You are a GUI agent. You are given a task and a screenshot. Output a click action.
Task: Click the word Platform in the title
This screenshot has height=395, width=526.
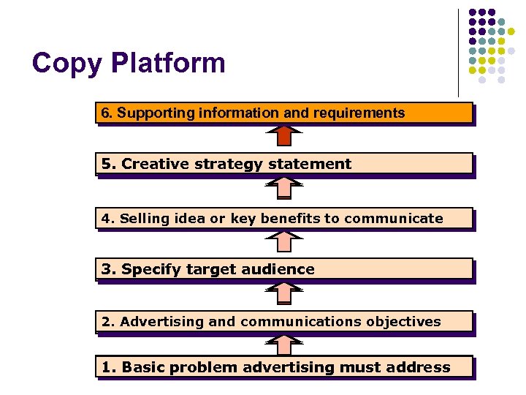click(x=168, y=64)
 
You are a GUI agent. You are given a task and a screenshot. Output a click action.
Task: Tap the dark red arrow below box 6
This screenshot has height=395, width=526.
click(x=283, y=136)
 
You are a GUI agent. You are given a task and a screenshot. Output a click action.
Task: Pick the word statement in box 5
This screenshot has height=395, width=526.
click(x=310, y=164)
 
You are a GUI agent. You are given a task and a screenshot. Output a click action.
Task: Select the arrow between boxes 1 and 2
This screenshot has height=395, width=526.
click(x=283, y=344)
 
